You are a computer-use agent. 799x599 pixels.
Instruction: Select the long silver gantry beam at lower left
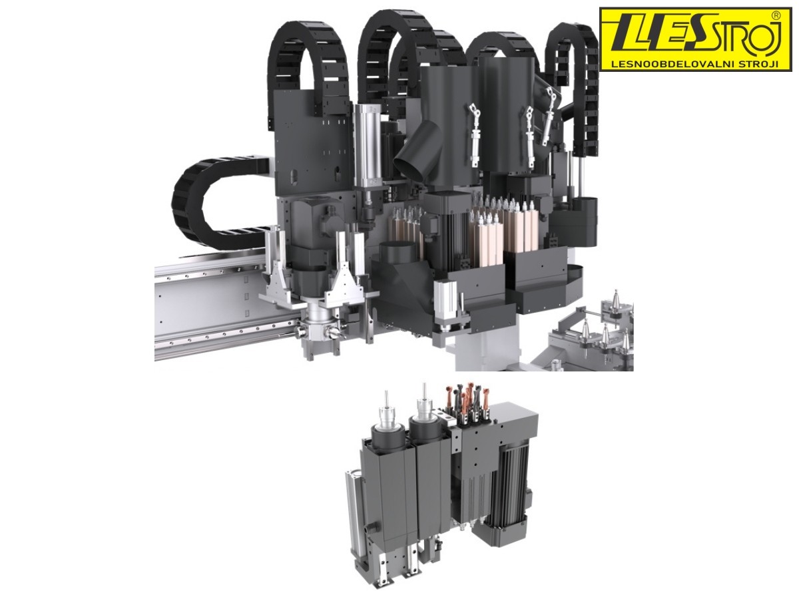(x=218, y=309)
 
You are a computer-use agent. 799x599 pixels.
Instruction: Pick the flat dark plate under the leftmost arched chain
(x=313, y=146)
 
